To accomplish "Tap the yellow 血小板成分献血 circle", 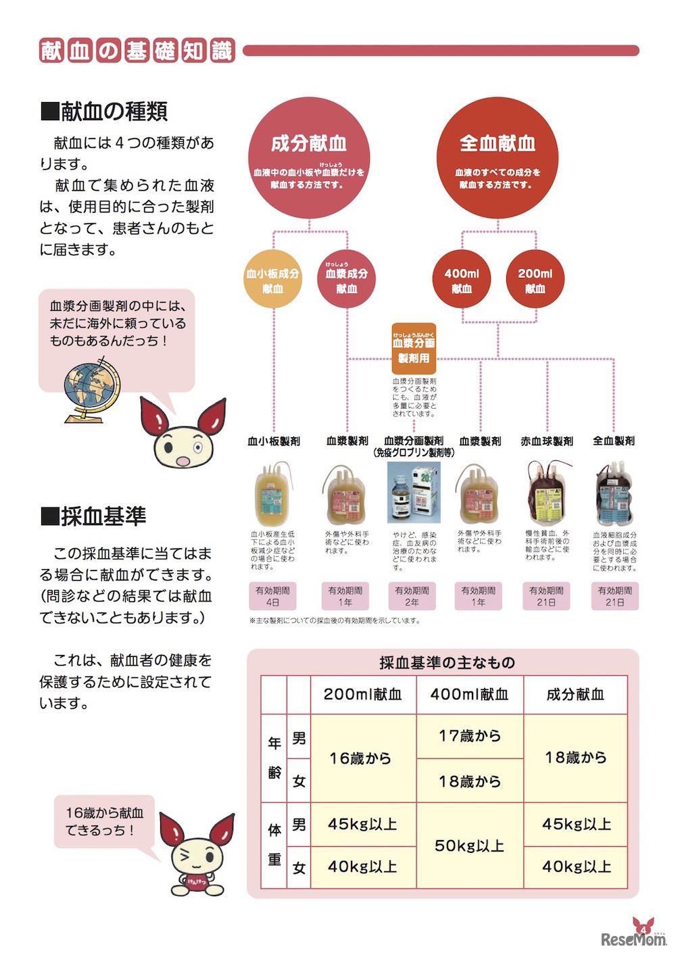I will pyautogui.click(x=272, y=280).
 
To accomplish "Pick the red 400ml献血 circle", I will pyautogui.click(x=462, y=280).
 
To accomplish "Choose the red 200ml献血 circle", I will pyautogui.click(x=535, y=280).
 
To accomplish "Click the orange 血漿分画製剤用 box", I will pyautogui.click(x=414, y=349).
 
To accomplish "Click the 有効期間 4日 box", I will pyautogui.click(x=272, y=595).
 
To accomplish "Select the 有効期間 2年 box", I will pyautogui.click(x=412, y=595).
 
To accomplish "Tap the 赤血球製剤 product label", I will pyautogui.click(x=547, y=441).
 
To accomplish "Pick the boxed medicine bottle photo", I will pyautogui.click(x=414, y=493).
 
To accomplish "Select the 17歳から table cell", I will pyautogui.click(x=470, y=736).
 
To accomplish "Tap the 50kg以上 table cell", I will pyautogui.click(x=470, y=846).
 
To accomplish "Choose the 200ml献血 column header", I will pyautogui.click(x=363, y=694).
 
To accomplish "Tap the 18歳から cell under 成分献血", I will pyautogui.click(x=576, y=758).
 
